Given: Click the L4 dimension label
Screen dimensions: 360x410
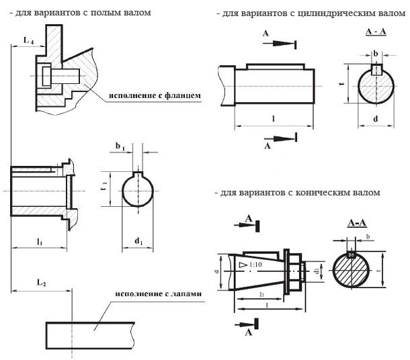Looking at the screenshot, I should click(x=28, y=42).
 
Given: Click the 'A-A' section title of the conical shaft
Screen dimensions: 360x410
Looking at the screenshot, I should click(x=356, y=222).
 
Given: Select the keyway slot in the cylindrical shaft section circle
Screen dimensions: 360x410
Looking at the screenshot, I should click(x=377, y=69).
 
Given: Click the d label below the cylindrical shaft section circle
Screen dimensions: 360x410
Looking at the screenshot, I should click(x=375, y=118).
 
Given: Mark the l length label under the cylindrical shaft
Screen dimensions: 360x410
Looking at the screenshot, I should click(x=273, y=118).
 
